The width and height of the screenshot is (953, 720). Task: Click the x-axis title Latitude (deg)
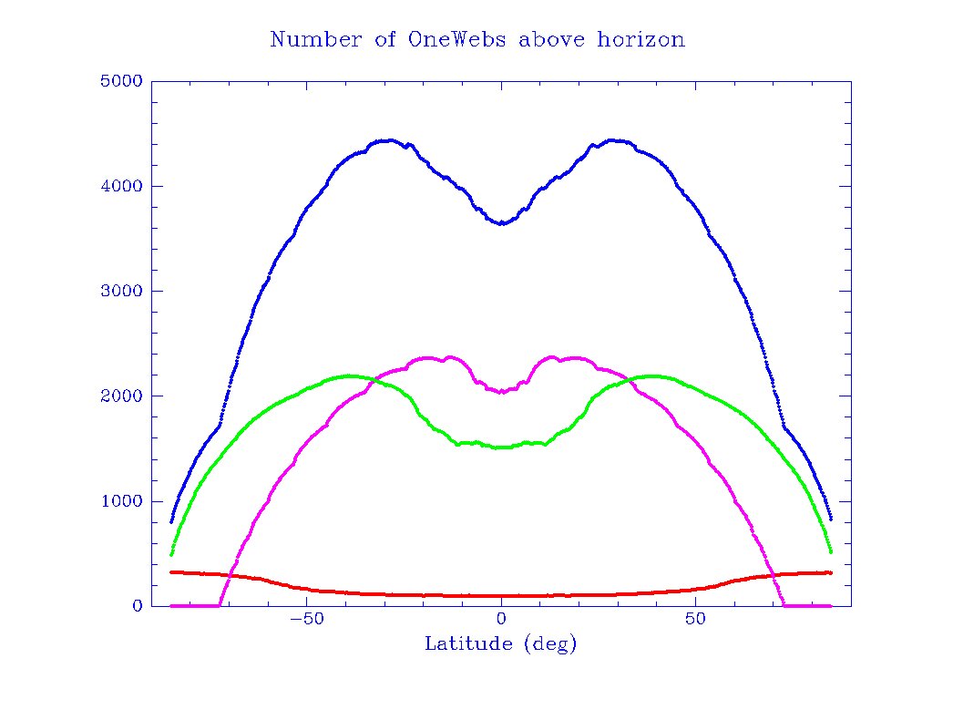tap(501, 644)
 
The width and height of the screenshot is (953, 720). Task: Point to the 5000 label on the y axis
tap(120, 81)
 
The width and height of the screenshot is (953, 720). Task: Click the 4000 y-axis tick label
tap(120, 186)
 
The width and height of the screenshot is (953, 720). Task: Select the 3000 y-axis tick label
tap(120, 291)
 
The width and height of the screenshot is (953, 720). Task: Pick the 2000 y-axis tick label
tap(120, 396)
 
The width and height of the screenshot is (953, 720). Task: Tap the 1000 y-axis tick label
tap(120, 501)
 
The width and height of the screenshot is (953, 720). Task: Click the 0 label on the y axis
tap(138, 606)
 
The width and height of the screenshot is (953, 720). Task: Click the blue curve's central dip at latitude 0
tap(501, 222)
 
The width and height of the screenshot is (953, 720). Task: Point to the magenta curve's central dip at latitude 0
tap(501, 392)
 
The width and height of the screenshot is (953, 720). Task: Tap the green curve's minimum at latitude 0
tap(501, 447)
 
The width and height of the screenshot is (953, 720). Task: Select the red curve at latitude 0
tap(501, 596)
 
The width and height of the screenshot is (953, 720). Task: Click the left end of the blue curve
tap(171, 521)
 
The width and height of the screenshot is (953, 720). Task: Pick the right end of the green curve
tap(831, 551)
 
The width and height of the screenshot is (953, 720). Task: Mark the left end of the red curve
tap(171, 571)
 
